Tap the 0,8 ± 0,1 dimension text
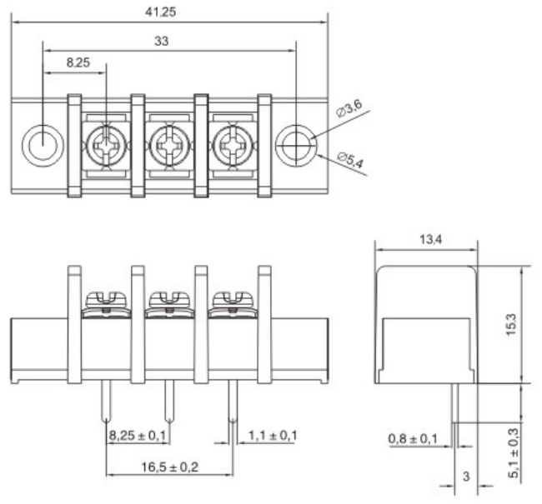(415, 438)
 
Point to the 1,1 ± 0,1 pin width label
(272, 435)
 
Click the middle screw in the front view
(169, 301)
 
